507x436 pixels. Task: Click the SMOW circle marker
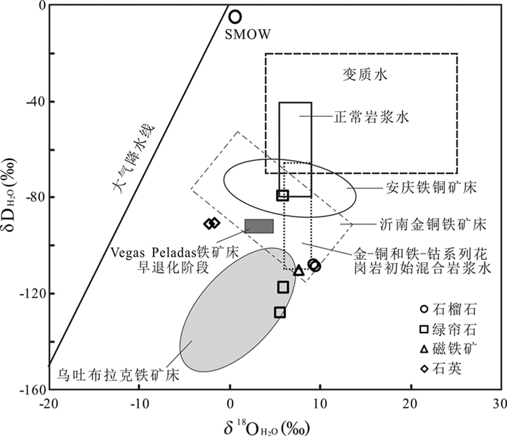click(235, 17)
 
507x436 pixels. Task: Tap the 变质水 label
click(361, 73)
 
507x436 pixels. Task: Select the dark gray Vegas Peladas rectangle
click(259, 226)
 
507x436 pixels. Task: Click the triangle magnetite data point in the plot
click(298, 271)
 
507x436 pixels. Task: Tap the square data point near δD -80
click(283, 195)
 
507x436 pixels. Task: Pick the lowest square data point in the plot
click(280, 312)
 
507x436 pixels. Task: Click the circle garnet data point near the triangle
click(314, 265)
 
